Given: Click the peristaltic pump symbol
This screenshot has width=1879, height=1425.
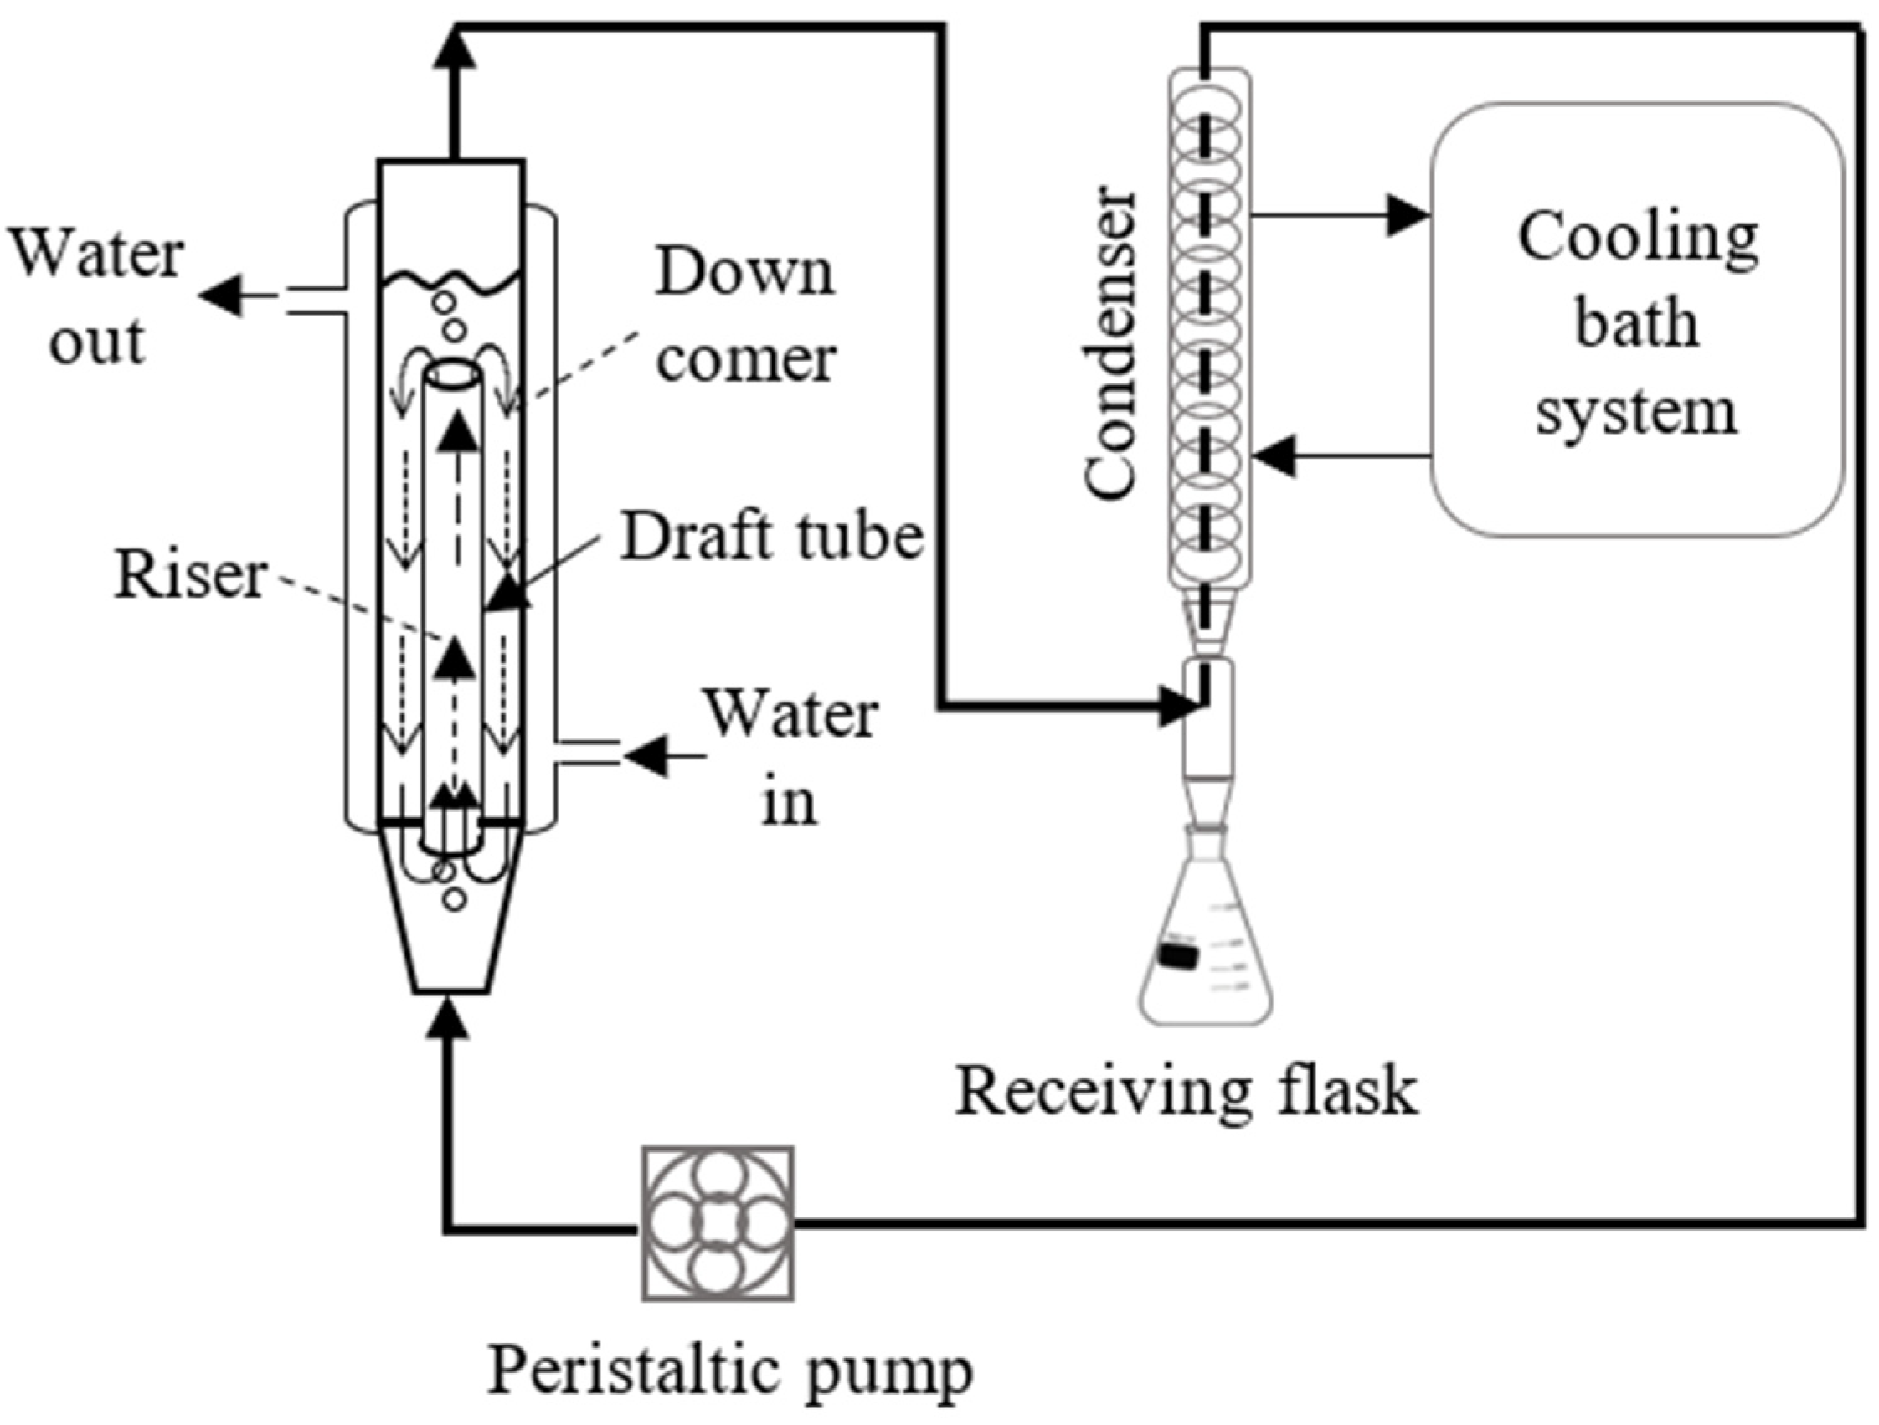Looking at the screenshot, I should point(718,1223).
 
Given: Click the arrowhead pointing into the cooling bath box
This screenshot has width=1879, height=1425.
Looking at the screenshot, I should point(1408,216).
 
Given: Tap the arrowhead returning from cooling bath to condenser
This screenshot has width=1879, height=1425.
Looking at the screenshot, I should point(1275,456).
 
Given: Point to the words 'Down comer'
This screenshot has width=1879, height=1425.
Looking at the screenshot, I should point(746,315).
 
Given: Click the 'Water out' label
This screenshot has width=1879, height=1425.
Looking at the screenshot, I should point(97,296).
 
